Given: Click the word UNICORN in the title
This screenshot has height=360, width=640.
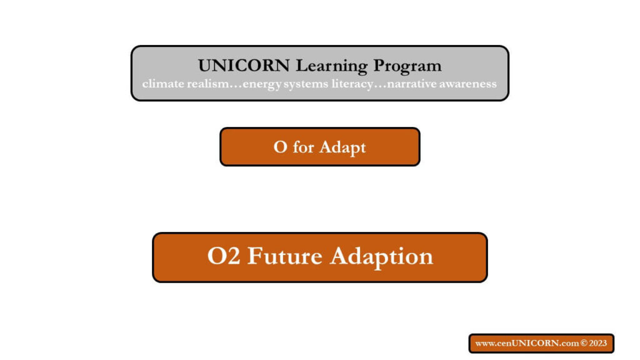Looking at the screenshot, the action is (244, 66).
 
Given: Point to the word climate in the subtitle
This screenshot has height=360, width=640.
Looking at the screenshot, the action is (163, 84).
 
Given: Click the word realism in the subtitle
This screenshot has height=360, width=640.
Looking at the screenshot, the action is (208, 84).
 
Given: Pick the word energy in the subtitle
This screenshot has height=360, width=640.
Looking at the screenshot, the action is (262, 84).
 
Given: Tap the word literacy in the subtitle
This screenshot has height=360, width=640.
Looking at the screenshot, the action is (352, 84).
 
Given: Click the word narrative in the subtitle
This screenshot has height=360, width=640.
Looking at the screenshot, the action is (412, 84).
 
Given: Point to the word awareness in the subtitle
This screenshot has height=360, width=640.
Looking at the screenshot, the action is (468, 84).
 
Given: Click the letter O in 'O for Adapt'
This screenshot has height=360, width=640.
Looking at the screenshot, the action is (281, 147).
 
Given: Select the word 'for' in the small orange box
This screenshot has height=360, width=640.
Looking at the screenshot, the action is (303, 147).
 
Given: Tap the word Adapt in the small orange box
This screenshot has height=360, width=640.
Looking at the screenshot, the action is (342, 147).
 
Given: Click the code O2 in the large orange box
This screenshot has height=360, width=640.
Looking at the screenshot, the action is (224, 256).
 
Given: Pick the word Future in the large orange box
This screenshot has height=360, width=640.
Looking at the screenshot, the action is (285, 256).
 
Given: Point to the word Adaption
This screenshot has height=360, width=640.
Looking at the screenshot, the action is (382, 257).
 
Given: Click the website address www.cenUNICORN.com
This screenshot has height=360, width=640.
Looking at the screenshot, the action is (527, 343).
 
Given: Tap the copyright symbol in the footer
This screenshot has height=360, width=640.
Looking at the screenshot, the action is (584, 343).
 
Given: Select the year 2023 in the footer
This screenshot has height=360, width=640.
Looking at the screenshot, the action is (598, 343).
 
